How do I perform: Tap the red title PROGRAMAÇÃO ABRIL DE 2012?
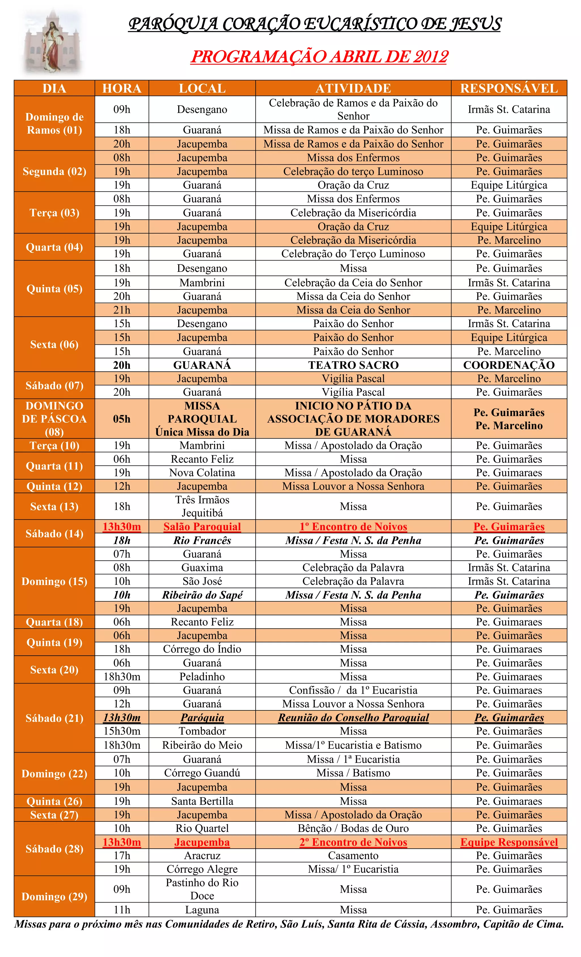(x=319, y=57)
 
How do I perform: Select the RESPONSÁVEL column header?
(x=509, y=89)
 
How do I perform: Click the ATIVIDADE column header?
(x=353, y=89)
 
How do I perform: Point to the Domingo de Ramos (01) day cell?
(x=54, y=123)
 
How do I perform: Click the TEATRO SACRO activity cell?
(x=353, y=365)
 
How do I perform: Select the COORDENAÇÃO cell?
(x=509, y=365)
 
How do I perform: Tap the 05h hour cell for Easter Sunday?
(x=121, y=419)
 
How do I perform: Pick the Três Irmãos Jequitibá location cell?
(x=202, y=506)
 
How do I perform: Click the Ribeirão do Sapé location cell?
(x=202, y=595)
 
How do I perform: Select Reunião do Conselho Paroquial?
(x=353, y=718)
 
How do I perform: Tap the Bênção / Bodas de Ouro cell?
(x=353, y=828)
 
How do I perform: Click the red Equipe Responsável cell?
(x=509, y=842)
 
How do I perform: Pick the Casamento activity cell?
(x=353, y=856)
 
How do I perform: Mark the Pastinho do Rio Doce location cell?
(x=202, y=889)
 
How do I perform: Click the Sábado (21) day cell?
(x=54, y=718)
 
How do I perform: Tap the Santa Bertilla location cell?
(x=202, y=801)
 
